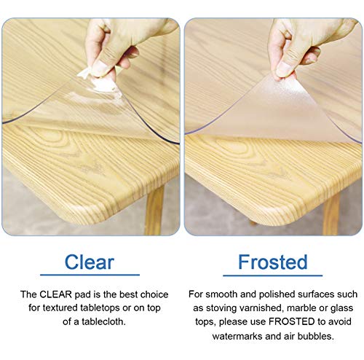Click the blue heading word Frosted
(x=272, y=262)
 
